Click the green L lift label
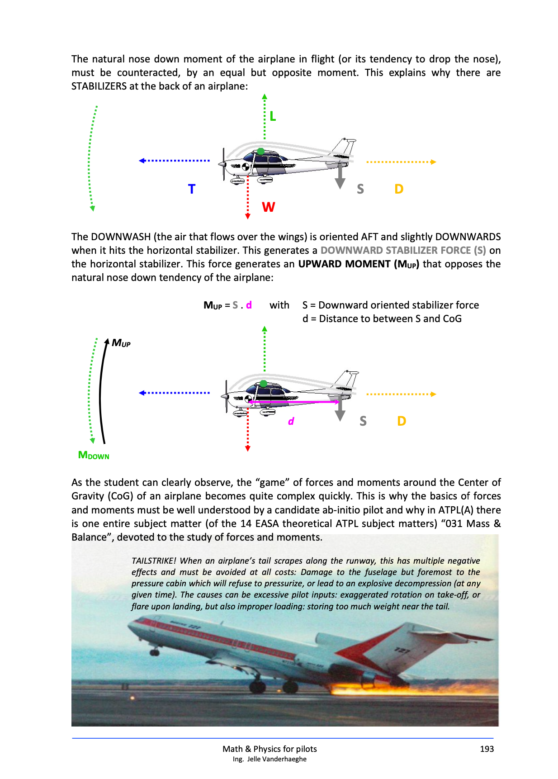pyautogui.click(x=272, y=116)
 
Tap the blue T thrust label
pyautogui.click(x=192, y=189)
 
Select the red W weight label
pyautogui.click(x=268, y=207)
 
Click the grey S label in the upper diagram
pyautogui.click(x=360, y=189)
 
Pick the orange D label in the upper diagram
pyautogui.click(x=398, y=189)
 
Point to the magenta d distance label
pyautogui.click(x=291, y=422)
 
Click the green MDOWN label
pyautogui.click(x=94, y=455)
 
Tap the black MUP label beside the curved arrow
pyautogui.click(x=121, y=343)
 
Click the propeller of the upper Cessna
pyautogui.click(x=223, y=164)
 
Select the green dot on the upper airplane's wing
pyautogui.click(x=261, y=151)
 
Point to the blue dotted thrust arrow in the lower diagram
pyautogui.click(x=174, y=393)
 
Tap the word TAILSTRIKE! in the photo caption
pyautogui.click(x=153, y=561)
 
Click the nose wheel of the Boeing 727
pyautogui.click(x=155, y=652)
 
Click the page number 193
pyautogui.click(x=487, y=749)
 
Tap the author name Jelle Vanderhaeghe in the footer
pyautogui.click(x=276, y=759)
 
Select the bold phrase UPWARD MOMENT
pyautogui.click(x=344, y=264)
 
